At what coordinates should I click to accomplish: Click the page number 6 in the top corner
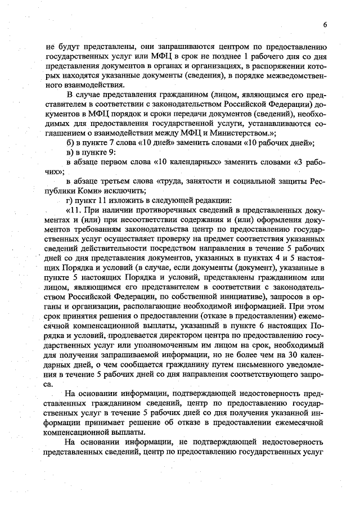coord(325,24)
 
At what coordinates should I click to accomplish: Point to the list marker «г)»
coord(70,200)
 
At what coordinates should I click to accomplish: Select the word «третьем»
coord(120,181)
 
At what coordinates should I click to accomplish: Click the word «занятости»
coord(211,181)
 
